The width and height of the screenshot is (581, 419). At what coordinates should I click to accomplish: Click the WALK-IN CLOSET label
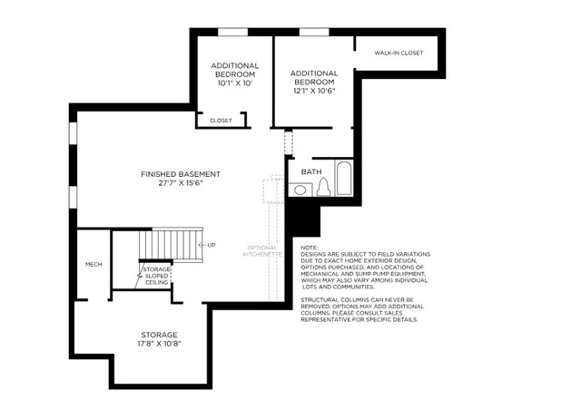tap(399, 53)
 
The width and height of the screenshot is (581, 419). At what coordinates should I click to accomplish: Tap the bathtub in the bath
tap(344, 178)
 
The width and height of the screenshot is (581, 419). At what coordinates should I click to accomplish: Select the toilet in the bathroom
tap(323, 187)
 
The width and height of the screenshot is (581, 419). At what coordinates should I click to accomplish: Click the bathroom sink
tap(300, 190)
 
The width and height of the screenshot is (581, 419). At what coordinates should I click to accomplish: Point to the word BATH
tap(311, 171)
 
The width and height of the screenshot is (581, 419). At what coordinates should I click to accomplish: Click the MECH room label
tap(94, 264)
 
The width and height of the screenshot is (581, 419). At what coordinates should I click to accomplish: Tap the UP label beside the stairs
tap(212, 245)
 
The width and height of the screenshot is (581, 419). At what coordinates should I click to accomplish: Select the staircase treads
tap(171, 245)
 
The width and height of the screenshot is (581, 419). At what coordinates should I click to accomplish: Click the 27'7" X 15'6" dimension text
tap(181, 183)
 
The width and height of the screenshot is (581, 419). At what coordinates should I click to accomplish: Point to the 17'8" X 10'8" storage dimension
tap(159, 344)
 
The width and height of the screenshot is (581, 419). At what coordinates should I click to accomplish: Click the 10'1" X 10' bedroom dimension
tap(235, 83)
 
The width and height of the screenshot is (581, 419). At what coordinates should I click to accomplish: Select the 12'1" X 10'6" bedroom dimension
tap(314, 91)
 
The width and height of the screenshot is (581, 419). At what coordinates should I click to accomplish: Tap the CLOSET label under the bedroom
tap(221, 121)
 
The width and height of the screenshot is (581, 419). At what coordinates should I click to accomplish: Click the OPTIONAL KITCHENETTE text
tap(262, 251)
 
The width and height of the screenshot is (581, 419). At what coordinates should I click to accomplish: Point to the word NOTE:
tap(309, 248)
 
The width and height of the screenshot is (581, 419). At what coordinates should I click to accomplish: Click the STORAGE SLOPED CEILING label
tap(157, 276)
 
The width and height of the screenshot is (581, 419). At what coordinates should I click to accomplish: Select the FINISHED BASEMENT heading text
tap(181, 174)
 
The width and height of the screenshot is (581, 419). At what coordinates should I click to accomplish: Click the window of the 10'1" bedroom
tap(232, 33)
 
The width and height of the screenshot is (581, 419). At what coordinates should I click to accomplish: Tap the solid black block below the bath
tap(304, 220)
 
